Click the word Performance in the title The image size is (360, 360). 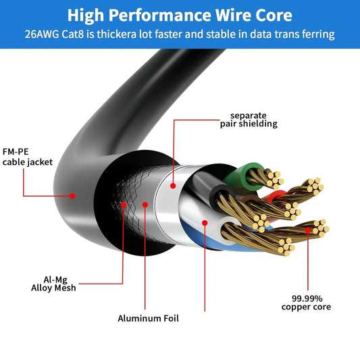pyautogui.click(x=159, y=15)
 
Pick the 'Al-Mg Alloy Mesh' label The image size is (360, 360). pyautogui.click(x=57, y=282)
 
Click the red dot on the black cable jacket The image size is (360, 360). pyautogui.click(x=72, y=196)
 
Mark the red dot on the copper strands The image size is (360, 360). pyautogui.click(x=309, y=230)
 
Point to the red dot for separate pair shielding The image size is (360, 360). pyautogui.click(x=174, y=184)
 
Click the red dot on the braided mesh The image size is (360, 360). pyautogui.click(x=124, y=203)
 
